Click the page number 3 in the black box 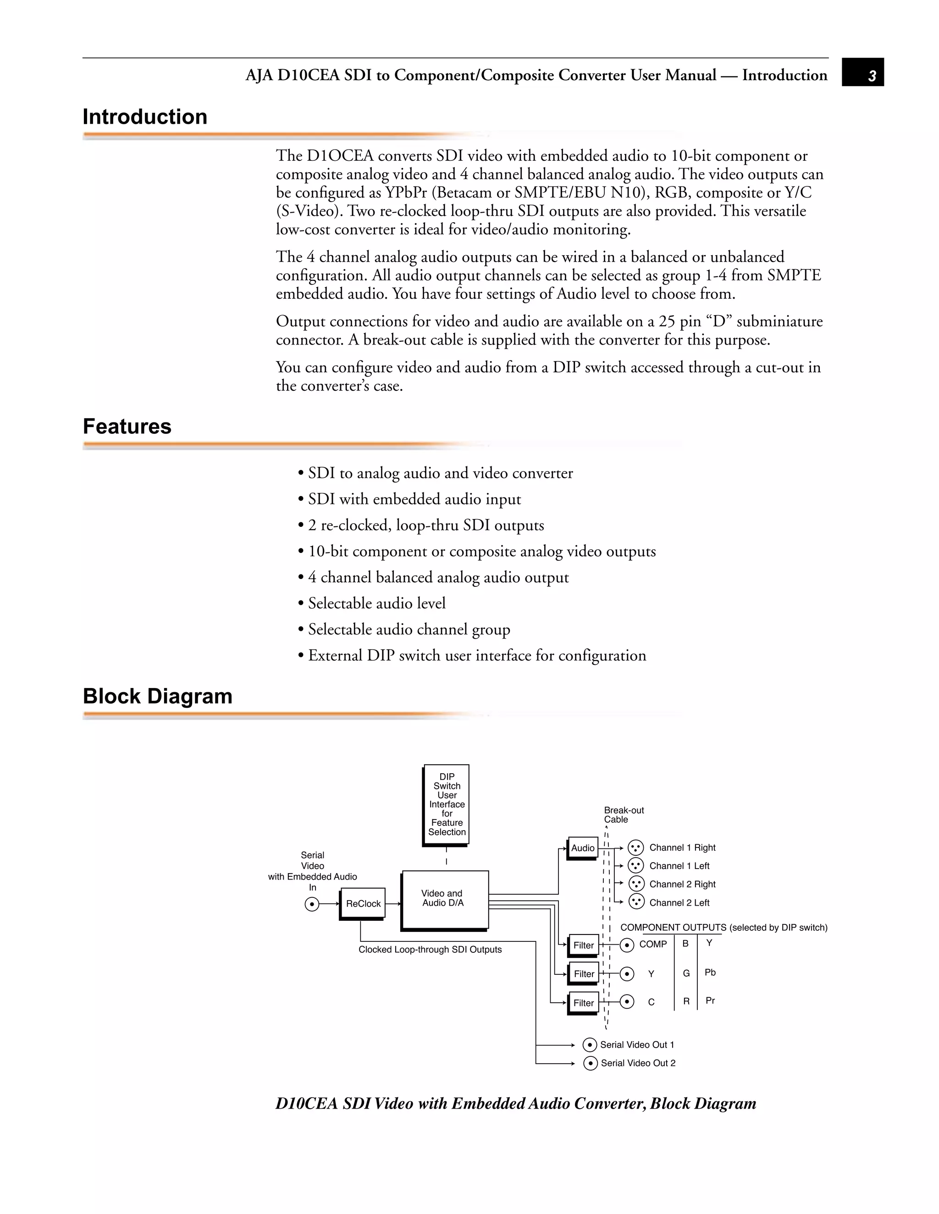click(x=872, y=76)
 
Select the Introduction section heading click(x=144, y=117)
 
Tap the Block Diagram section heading click(x=157, y=696)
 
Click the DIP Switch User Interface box click(x=447, y=804)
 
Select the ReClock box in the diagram click(x=363, y=903)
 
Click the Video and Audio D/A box click(x=444, y=899)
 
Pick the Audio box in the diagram click(x=582, y=848)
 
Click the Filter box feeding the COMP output click(x=584, y=945)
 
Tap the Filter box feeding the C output click(x=584, y=1002)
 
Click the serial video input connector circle click(x=313, y=904)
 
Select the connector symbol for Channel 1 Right click(x=635, y=848)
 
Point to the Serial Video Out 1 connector click(x=590, y=1045)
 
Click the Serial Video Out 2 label click(x=638, y=1063)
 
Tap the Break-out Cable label click(x=624, y=815)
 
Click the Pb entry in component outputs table click(x=710, y=972)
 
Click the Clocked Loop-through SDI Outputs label click(x=430, y=949)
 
